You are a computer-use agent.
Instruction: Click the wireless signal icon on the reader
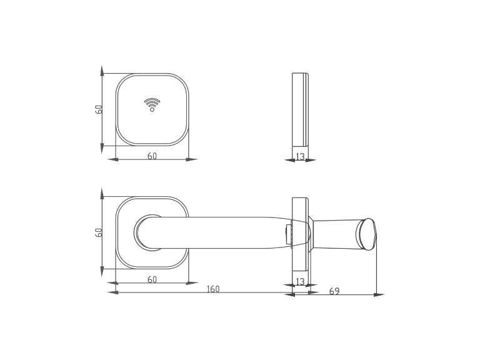tap(152, 104)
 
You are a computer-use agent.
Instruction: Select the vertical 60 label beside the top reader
tap(98, 109)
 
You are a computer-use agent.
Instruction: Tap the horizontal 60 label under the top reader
tap(152, 156)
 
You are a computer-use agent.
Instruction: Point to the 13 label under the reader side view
tap(300, 156)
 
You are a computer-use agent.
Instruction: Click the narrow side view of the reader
tap(300, 109)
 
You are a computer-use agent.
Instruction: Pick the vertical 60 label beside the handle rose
tap(98, 232)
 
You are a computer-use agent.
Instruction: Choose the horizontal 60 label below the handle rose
tap(152, 279)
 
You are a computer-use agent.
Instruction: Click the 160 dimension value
tap(213, 289)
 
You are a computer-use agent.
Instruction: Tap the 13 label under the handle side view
tap(300, 281)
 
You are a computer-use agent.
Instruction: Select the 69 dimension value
tap(334, 291)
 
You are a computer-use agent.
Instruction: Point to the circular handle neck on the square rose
tap(146, 232)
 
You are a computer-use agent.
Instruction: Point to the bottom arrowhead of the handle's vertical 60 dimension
tap(102, 272)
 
